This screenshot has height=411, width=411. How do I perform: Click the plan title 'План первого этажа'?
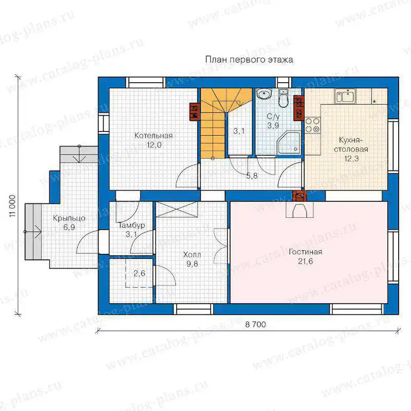tap(249, 60)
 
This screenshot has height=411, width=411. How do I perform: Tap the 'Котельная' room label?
tap(154, 136)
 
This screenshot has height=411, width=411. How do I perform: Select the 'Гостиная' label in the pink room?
tap(305, 252)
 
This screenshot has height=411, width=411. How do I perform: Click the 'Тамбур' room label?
tap(132, 226)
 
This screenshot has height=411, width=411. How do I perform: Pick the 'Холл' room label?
tap(192, 254)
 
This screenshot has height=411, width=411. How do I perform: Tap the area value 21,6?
tap(305, 261)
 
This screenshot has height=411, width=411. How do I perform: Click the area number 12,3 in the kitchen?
tap(351, 159)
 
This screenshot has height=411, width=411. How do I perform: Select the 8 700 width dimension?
tap(255, 325)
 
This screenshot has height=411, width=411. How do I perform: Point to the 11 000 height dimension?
tap(12, 206)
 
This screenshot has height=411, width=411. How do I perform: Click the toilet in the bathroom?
tap(284, 98)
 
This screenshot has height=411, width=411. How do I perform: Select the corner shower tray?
tap(289, 143)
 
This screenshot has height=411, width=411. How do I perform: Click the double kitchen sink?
tap(345, 96)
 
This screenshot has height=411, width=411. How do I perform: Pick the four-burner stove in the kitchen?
tap(313, 125)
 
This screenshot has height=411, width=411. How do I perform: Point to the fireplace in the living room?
tap(300, 209)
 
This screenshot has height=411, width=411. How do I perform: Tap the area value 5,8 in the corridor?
tap(252, 176)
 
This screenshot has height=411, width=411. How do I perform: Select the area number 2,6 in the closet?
tap(139, 273)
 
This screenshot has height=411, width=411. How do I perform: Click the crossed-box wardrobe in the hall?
tap(177, 210)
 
